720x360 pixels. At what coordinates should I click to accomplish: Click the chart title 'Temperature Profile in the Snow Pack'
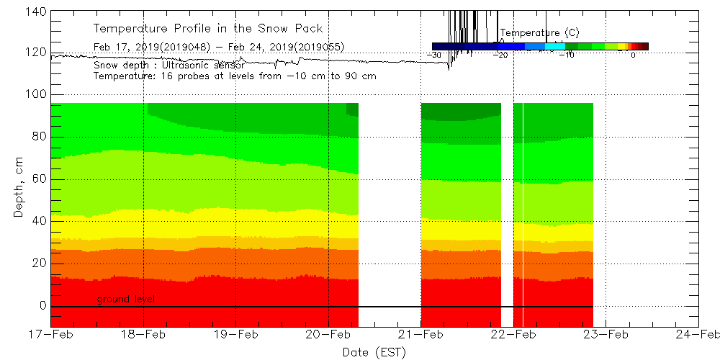[x=208, y=29]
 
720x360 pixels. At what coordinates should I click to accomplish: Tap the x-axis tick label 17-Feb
[x=51, y=334]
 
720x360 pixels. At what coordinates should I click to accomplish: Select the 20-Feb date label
[x=328, y=334]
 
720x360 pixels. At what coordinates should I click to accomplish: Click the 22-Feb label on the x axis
[x=513, y=334]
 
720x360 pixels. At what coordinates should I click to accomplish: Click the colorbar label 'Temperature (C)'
[x=539, y=33]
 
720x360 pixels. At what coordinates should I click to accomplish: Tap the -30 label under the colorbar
[x=434, y=55]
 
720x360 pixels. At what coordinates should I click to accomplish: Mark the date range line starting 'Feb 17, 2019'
[x=219, y=47]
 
